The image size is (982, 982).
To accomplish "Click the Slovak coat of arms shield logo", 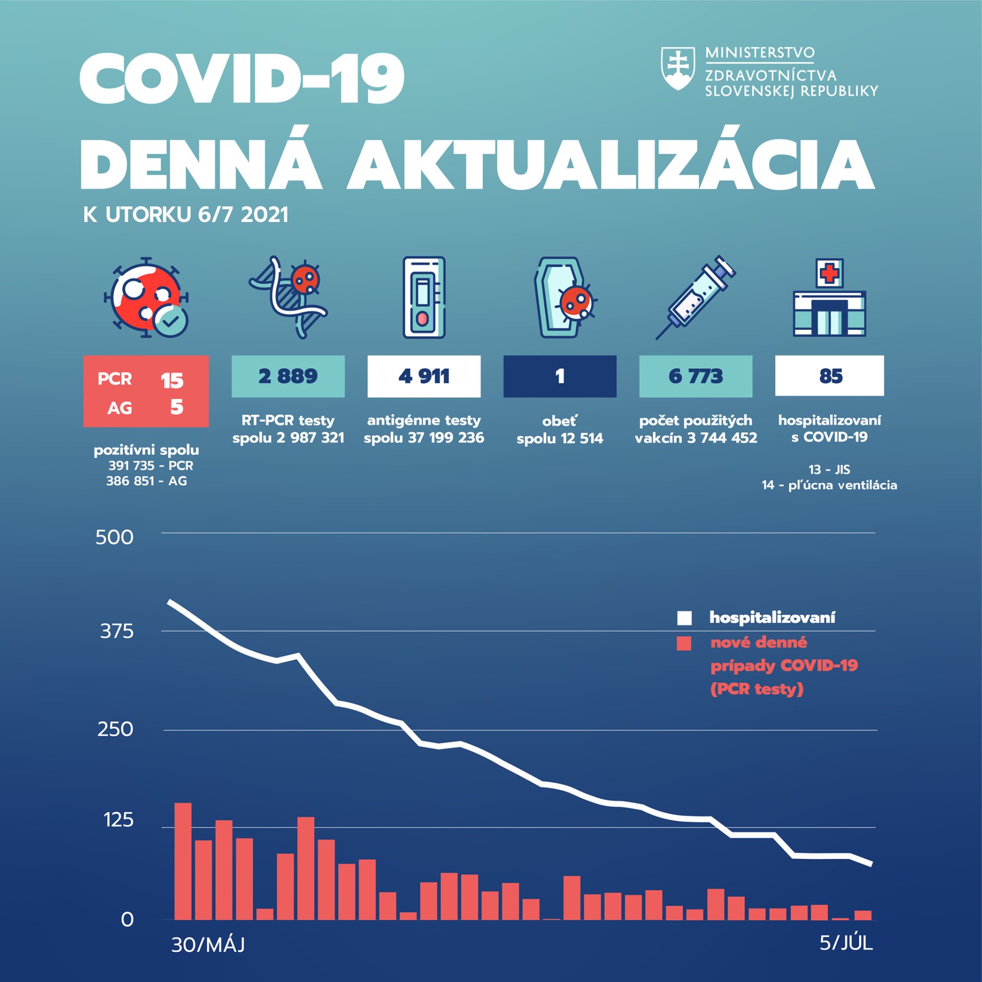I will tap(678, 69).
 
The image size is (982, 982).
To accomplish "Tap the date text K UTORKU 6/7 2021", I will tap(186, 215).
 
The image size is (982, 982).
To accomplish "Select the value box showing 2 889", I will tap(288, 376).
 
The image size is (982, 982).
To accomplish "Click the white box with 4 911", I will tap(423, 376).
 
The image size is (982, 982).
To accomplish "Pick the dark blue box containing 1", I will tap(560, 376).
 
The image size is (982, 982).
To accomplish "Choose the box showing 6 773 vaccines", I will tap(696, 376).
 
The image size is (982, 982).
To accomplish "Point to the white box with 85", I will tap(829, 376).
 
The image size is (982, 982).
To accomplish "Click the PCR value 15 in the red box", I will tap(172, 381).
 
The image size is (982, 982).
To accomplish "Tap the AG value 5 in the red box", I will tap(176, 407).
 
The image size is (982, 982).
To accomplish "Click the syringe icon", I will tap(696, 297).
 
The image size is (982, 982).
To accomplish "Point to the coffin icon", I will tap(562, 298).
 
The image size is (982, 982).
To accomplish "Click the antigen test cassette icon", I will tap(423, 298).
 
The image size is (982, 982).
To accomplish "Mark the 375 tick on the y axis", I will tap(117, 631).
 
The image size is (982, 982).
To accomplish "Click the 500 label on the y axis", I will tap(114, 538).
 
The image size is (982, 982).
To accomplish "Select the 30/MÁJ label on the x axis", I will tap(208, 945).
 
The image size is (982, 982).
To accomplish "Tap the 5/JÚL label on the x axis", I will tap(846, 943).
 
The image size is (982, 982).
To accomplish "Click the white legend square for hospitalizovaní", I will tap(684, 618).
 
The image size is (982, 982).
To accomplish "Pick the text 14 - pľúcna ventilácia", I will tap(829, 485).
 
